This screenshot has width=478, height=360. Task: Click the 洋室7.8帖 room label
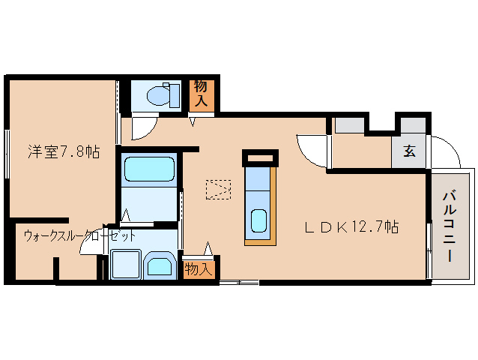(x=64, y=151)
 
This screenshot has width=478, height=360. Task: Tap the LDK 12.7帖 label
(x=351, y=226)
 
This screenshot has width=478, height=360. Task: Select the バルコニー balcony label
(x=450, y=226)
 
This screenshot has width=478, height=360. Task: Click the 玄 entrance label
(x=409, y=151)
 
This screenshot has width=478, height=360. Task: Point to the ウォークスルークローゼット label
(x=79, y=235)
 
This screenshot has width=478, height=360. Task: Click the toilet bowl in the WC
(x=158, y=95)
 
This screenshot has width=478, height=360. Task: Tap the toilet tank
(x=175, y=96)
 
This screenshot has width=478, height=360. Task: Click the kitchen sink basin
(x=258, y=221)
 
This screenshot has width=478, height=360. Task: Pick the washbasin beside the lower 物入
(x=160, y=264)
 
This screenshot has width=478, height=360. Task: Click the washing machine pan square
(x=126, y=264)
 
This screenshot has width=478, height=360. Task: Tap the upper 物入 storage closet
(x=201, y=95)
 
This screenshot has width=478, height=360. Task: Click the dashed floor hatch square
(x=218, y=190)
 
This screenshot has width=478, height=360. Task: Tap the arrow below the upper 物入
(x=193, y=121)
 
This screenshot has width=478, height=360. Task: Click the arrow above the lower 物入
(x=208, y=248)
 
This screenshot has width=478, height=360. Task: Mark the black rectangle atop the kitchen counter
(x=260, y=157)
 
